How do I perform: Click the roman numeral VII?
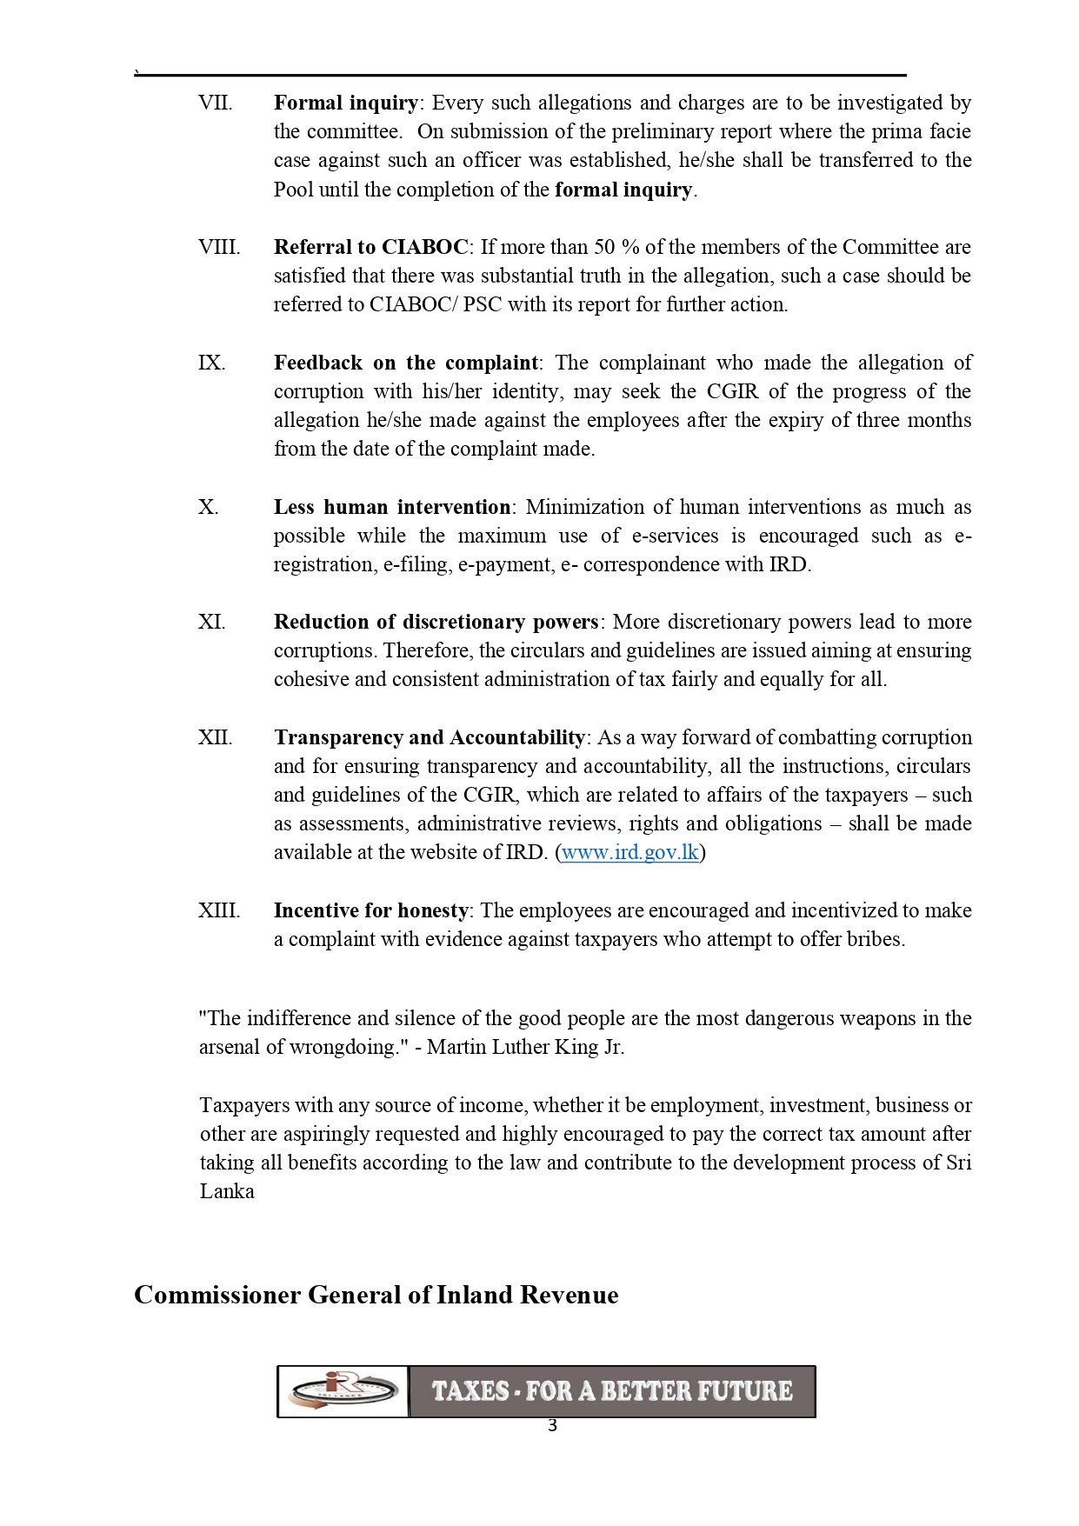tap(215, 103)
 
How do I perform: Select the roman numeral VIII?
tap(218, 247)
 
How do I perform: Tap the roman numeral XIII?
tap(218, 910)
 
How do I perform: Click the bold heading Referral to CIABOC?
tap(371, 247)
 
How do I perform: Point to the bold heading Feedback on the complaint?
tap(406, 363)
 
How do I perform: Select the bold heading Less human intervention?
tap(392, 507)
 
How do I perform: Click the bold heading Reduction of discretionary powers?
tap(436, 622)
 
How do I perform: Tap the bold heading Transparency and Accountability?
tap(430, 737)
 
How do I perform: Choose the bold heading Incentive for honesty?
tap(371, 910)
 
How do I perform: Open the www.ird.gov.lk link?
tap(630, 852)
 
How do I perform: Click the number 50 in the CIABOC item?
tap(604, 247)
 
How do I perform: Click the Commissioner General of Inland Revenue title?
tap(376, 1295)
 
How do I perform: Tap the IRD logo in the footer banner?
tap(343, 1391)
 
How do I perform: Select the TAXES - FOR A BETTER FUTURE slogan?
tap(612, 1391)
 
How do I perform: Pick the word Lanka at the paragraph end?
tap(227, 1191)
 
